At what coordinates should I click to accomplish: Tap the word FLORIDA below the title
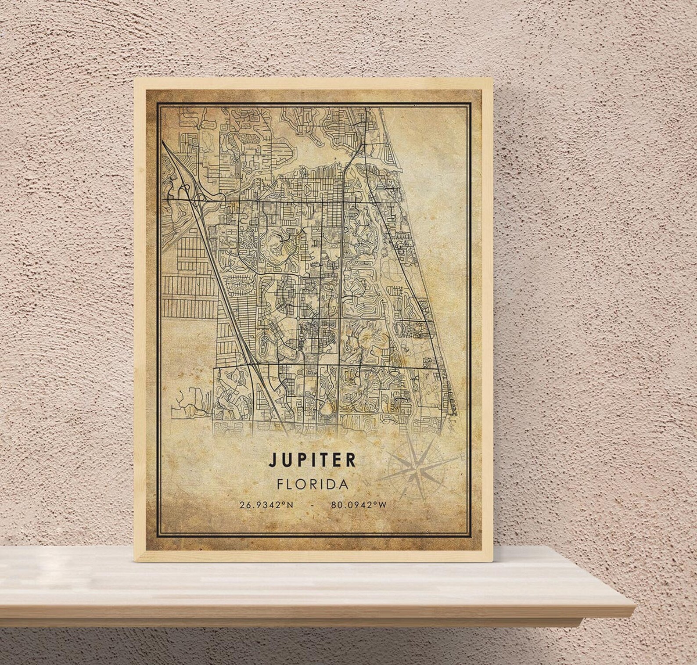(x=313, y=484)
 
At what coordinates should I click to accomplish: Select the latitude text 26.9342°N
(x=266, y=505)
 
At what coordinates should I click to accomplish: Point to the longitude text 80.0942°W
(x=359, y=505)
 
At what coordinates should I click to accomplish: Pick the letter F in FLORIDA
(x=280, y=484)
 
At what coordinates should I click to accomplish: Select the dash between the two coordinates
(x=312, y=505)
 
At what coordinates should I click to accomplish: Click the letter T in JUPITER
(x=323, y=460)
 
